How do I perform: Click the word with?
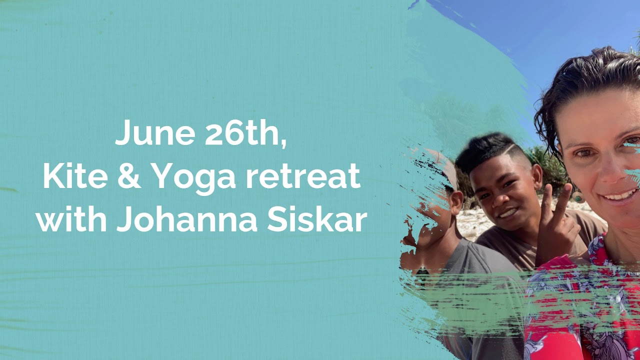click(72, 220)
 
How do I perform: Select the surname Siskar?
click(317, 220)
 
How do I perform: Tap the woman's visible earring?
click(579, 197)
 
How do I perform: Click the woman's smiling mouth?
click(619, 194)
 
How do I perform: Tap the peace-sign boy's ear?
click(536, 177)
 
